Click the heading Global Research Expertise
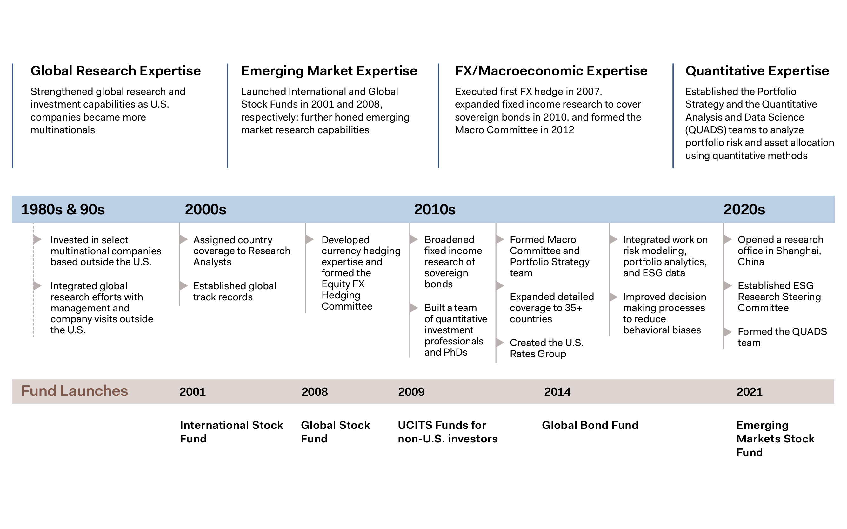116,71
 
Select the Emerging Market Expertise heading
329,71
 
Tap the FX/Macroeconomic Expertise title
551,71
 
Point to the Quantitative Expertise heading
757,71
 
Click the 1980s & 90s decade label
63,209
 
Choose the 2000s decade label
205,209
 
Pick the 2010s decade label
435,209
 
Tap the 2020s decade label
744,209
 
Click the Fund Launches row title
75,391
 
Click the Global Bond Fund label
590,425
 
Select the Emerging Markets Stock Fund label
775,439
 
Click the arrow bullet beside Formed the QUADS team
728,332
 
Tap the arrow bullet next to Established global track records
183,286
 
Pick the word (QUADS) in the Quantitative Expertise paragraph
705,130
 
